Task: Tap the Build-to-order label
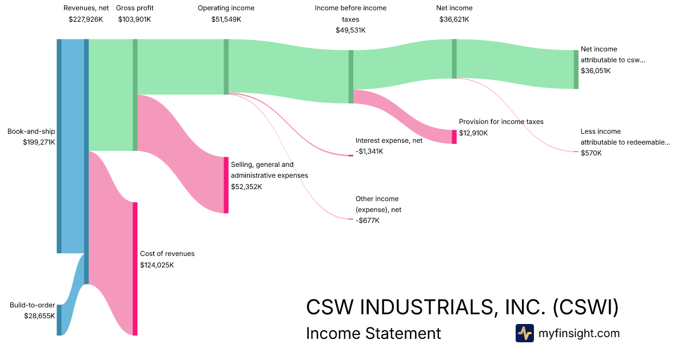pos(33,305)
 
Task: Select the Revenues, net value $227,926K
pos(86,19)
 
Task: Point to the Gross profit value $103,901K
pos(135,19)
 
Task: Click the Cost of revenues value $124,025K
pos(157,265)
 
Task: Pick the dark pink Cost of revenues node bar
pos(135,269)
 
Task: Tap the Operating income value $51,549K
pos(226,19)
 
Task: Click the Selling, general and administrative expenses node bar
pos(226,185)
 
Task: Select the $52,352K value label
pos(247,186)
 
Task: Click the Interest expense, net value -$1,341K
pos(369,151)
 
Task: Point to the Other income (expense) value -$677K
pos(367,221)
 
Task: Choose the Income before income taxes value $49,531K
pos(350,30)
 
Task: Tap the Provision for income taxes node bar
pos(454,137)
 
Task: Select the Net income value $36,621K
pos(454,19)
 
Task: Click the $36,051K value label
pos(596,71)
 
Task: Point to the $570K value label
pos(591,153)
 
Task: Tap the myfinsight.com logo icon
pos(524,333)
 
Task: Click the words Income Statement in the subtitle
pos(373,333)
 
